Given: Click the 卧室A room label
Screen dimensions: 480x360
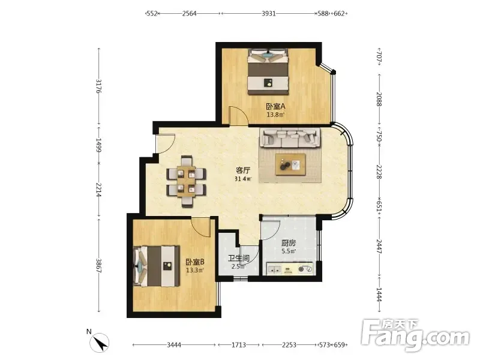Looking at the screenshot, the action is click(275, 107).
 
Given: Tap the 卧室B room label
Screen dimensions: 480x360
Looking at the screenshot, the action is click(195, 262).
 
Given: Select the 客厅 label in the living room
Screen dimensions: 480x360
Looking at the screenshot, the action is click(243, 170).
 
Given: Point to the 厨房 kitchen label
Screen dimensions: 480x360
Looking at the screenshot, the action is click(289, 243).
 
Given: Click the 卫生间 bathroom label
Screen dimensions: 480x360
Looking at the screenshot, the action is click(239, 259).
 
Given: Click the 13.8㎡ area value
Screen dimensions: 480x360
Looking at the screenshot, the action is click(275, 115).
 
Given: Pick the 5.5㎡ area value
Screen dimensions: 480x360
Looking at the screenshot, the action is click(289, 251).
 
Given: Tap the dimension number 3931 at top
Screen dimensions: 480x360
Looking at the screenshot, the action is click(268, 13).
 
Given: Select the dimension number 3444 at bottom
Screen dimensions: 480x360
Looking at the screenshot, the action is click(174, 345).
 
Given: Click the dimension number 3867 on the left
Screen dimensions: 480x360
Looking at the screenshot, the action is click(99, 265).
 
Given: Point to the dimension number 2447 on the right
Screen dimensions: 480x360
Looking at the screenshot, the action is click(379, 247).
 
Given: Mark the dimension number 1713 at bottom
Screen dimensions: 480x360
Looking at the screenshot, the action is click(239, 345).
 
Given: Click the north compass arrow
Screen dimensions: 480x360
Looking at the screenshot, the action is click(100, 343).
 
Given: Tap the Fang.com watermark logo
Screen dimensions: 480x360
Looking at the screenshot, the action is click(415, 335).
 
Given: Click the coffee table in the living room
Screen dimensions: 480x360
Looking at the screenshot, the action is click(290, 164).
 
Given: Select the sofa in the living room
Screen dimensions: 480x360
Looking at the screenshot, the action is click(290, 137).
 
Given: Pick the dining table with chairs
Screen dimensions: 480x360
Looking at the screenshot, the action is click(186, 182).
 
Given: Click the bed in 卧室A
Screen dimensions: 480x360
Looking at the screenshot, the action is click(268, 71).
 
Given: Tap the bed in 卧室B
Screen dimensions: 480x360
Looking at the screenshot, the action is click(156, 266).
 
